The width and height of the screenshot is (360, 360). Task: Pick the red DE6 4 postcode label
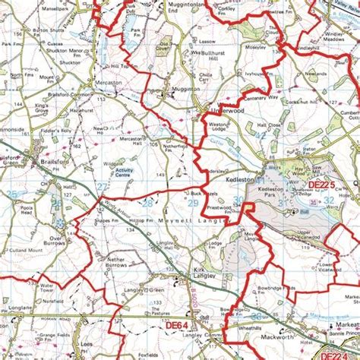coord(175,325)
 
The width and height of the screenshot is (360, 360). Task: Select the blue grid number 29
coord(194,204)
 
